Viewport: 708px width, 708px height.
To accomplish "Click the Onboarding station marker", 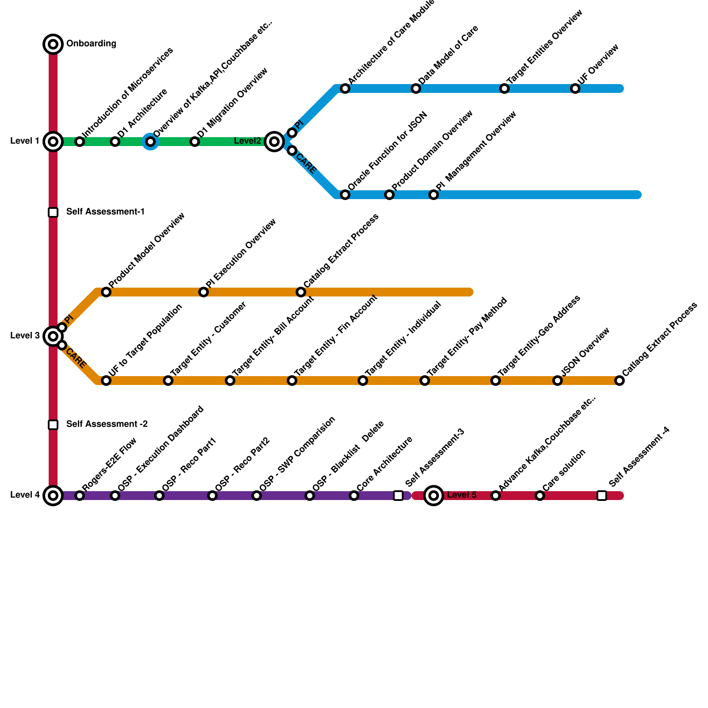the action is tap(53, 44).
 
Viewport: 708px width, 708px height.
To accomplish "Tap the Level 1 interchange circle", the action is tap(53, 142).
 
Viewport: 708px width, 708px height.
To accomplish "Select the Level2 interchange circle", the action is tap(274, 142).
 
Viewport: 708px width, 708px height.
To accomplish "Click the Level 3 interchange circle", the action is tap(53, 336).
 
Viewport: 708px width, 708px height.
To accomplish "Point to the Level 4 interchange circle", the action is tap(53, 496).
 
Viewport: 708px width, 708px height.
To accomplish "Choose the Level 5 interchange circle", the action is tap(434, 496).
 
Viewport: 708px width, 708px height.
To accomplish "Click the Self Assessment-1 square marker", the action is tap(53, 212).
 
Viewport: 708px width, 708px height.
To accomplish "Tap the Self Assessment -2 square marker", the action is tap(53, 425).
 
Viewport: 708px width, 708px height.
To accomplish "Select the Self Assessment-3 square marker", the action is tap(398, 496).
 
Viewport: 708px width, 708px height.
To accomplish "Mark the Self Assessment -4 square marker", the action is tap(602, 496).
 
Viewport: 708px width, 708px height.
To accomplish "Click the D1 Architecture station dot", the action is tap(115, 142).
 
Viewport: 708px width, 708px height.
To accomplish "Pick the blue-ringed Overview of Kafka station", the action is tap(150, 142).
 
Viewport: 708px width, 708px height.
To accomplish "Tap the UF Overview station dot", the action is tap(575, 88).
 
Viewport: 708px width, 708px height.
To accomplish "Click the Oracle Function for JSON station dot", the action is tap(345, 195).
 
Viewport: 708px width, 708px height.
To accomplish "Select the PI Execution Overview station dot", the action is tap(204, 292).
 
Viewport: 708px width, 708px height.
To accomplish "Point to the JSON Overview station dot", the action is tap(558, 381).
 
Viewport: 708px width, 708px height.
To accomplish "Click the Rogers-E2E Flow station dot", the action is tap(80, 496).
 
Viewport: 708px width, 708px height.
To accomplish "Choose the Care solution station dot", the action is tap(540, 496).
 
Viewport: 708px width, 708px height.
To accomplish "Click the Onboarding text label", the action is tap(91, 44).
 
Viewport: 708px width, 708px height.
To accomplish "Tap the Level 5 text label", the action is tap(462, 495).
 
